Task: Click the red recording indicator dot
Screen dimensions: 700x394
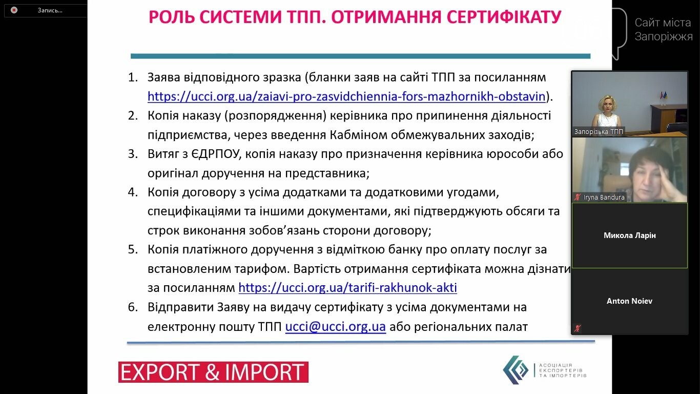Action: coord(14,10)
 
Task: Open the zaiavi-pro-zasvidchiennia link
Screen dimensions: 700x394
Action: coord(346,96)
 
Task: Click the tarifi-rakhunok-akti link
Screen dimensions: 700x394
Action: coord(347,288)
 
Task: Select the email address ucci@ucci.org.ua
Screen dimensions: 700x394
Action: coord(335,327)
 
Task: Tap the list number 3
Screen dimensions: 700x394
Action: coord(133,154)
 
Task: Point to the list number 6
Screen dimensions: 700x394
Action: coord(133,307)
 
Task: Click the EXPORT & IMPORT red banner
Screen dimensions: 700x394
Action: coord(213,372)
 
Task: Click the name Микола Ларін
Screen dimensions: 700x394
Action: coord(629,235)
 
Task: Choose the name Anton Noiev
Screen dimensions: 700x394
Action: coord(629,301)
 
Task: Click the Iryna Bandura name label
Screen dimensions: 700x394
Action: coord(604,197)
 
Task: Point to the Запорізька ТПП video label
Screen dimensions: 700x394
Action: coord(599,132)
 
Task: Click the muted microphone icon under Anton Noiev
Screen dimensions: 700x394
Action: coord(578,328)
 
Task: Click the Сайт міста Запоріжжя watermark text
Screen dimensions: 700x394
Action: coord(664,30)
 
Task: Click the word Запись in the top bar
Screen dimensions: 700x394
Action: coord(50,10)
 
